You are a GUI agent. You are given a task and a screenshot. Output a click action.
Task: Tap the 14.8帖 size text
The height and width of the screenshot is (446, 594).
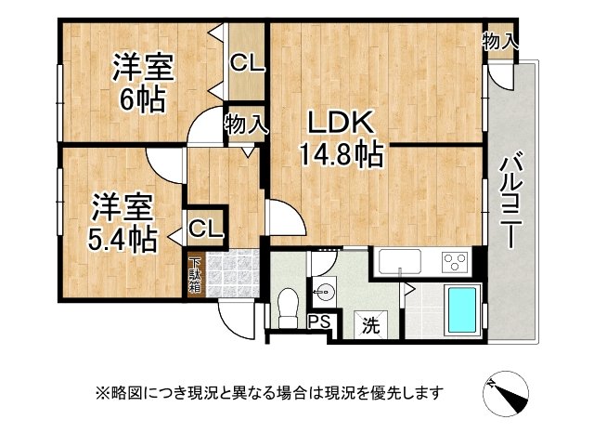pyautogui.click(x=341, y=154)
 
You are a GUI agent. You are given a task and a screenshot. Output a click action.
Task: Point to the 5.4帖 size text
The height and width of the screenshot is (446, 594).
pyautogui.click(x=122, y=239)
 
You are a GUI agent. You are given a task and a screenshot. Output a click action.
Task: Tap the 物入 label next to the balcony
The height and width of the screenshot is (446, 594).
pyautogui.click(x=500, y=41)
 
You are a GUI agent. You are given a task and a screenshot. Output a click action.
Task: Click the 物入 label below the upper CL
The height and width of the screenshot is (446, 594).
pyautogui.click(x=246, y=124)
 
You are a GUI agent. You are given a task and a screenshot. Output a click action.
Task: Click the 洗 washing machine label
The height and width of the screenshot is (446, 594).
pyautogui.click(x=370, y=325)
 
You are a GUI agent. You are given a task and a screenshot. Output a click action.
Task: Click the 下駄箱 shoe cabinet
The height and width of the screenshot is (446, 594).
pyautogui.click(x=195, y=275)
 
